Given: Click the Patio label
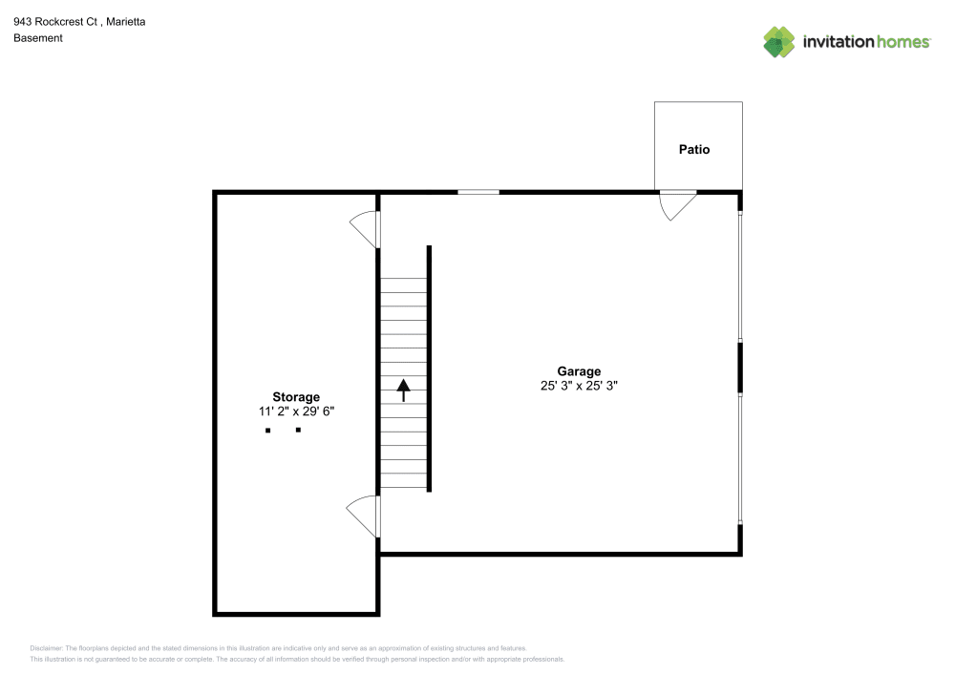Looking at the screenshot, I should click(694, 150).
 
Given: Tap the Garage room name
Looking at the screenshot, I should click(579, 371).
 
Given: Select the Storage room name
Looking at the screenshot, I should click(296, 397).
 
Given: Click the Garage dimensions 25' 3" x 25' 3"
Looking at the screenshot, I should click(579, 387).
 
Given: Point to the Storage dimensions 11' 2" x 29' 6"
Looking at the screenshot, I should click(296, 412).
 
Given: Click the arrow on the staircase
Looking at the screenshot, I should click(403, 390).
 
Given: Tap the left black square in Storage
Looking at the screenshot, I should click(268, 431).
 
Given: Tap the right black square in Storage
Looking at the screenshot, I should click(298, 431).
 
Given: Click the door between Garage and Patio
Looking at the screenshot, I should click(677, 203).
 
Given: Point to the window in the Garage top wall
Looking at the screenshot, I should click(478, 192).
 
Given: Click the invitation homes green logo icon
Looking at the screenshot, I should click(779, 42).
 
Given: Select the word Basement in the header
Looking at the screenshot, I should click(38, 38).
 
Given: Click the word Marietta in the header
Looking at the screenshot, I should click(132, 21).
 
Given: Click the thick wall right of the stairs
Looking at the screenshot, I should click(430, 369).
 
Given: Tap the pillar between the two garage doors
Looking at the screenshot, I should click(740, 368).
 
